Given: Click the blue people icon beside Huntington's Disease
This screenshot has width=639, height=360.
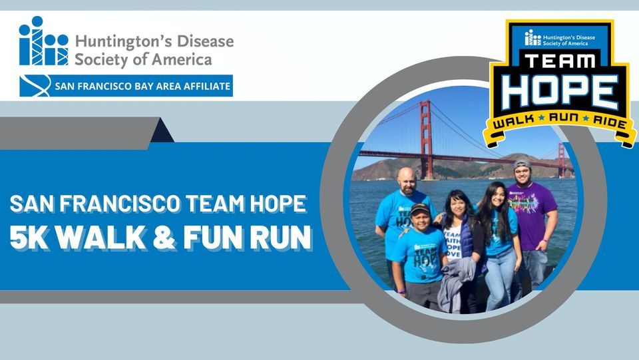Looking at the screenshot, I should point(43,42).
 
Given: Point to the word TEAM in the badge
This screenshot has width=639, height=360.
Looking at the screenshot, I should point(559,62).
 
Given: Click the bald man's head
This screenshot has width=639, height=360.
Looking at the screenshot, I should point(407,178).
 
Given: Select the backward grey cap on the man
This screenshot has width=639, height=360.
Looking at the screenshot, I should point(523,164).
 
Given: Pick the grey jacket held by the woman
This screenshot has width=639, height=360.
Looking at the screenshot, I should point(456,283).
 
